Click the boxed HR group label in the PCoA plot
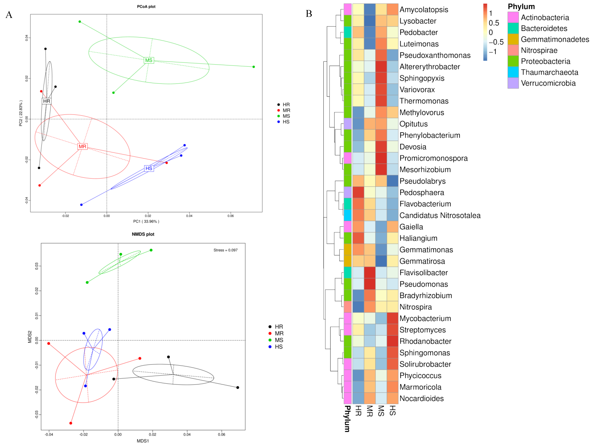click(47, 101)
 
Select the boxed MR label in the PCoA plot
click(82, 146)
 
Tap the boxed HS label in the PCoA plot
click(149, 168)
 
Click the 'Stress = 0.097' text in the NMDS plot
click(225, 250)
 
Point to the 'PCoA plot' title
click(146, 6)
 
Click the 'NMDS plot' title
click(143, 234)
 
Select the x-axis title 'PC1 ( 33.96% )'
click(146, 221)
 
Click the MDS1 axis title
click(143, 441)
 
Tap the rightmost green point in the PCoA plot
click(254, 67)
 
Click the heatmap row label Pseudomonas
click(424, 284)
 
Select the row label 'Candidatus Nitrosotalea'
click(440, 215)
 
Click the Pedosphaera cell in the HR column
click(358, 192)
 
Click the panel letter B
click(309, 14)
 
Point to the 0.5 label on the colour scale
click(494, 23)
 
